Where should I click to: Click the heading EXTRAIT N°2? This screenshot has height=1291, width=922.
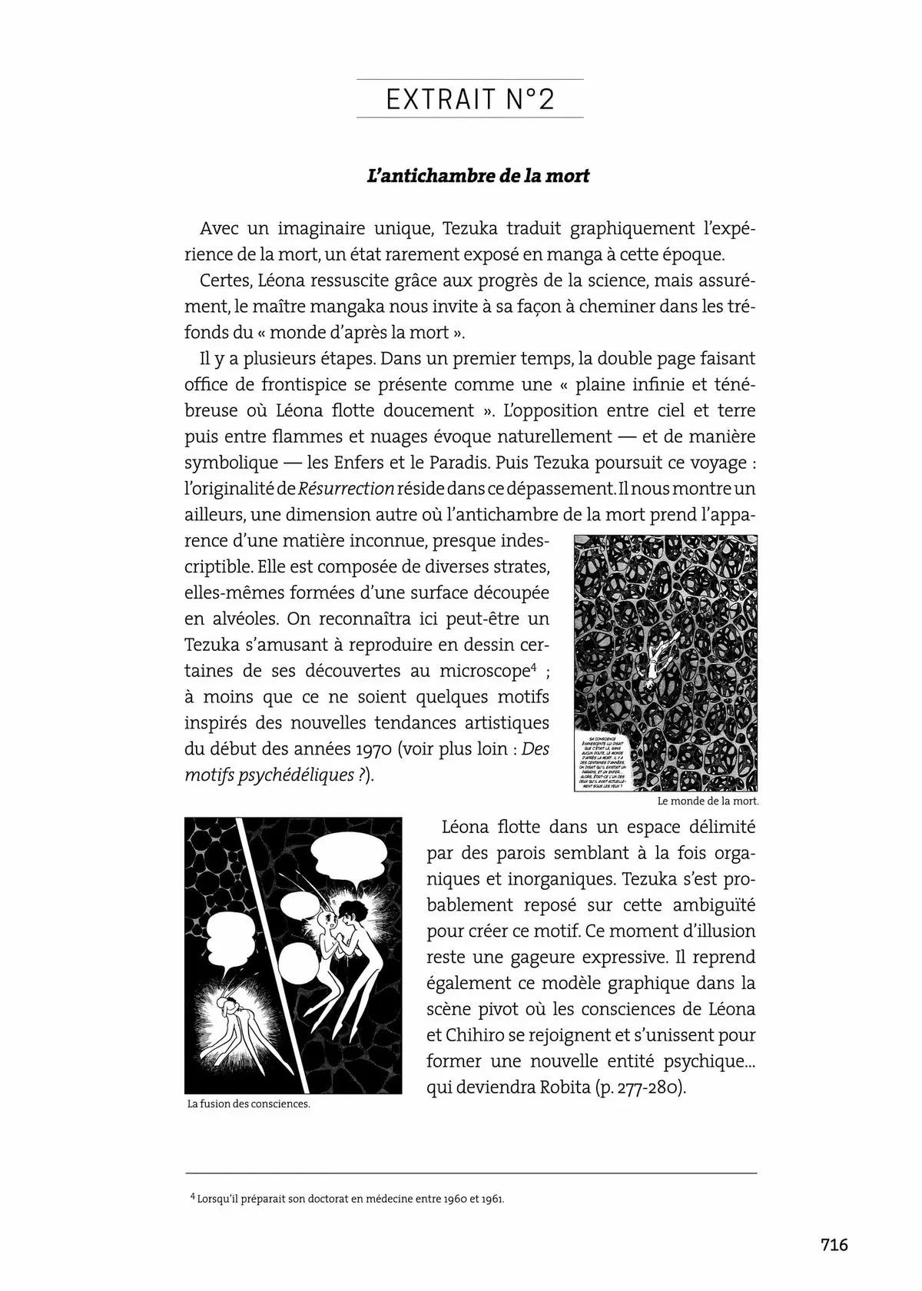pos(469,100)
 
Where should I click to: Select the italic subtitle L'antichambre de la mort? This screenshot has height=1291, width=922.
pos(479,176)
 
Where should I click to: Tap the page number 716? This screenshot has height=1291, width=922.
pos(834,1244)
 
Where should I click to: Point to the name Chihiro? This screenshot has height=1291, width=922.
pos(460,1036)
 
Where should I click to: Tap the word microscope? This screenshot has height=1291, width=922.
pos(484,670)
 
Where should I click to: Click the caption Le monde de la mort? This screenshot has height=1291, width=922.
pos(708,801)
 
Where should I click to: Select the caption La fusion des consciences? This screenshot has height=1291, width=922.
pos(248,1104)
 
